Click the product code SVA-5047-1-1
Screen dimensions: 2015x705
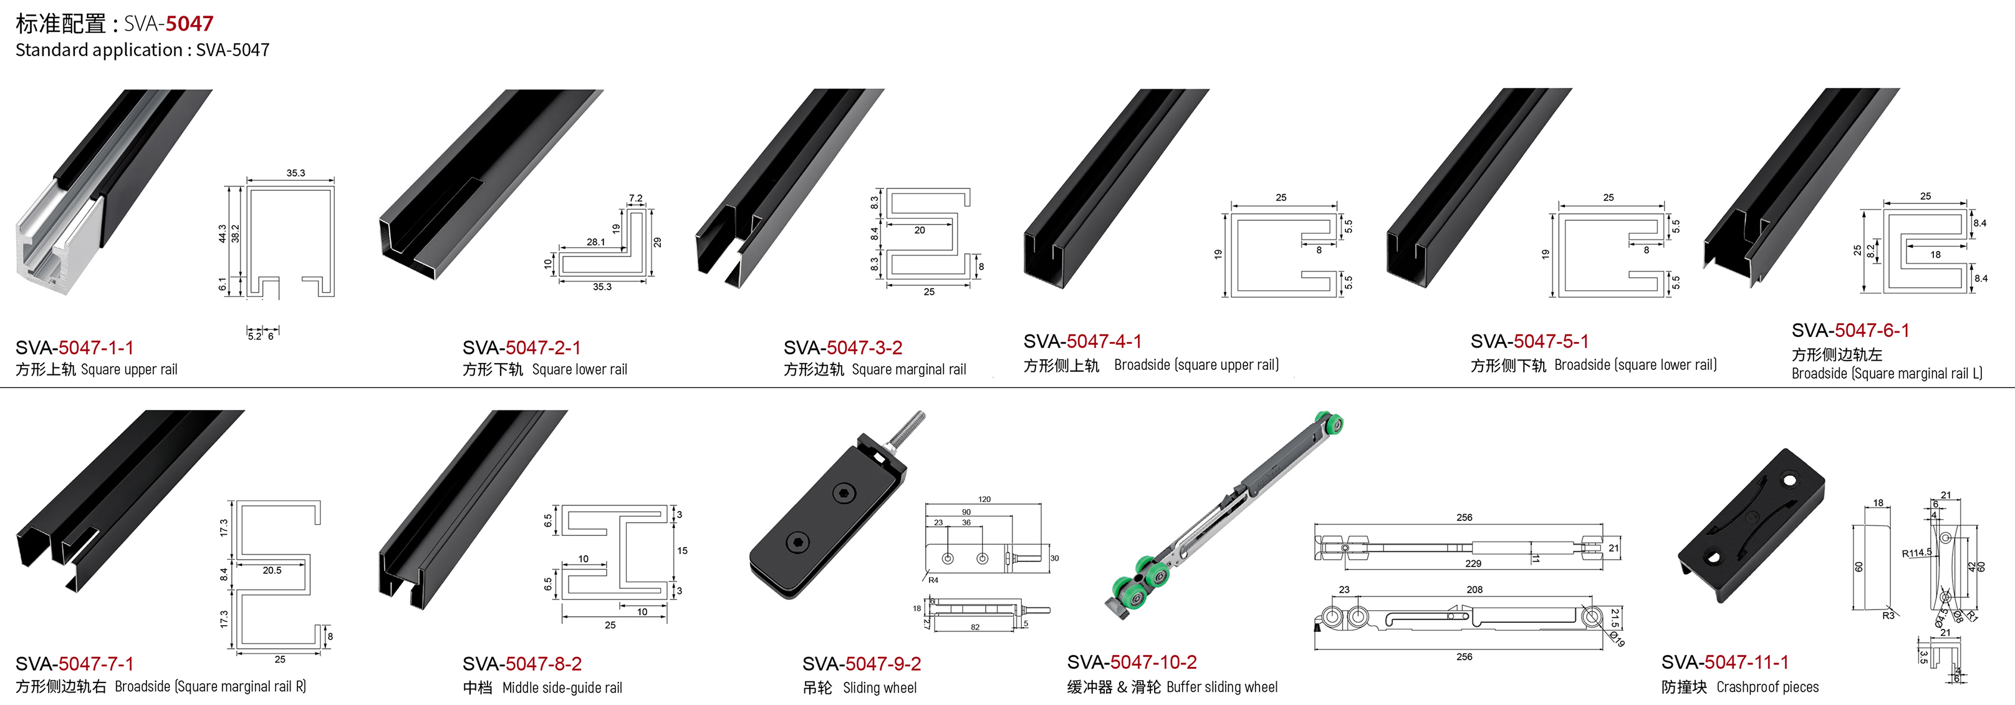click(x=74, y=348)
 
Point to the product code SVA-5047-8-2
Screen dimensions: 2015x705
click(x=522, y=664)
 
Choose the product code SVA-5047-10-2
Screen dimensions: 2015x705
click(x=1132, y=662)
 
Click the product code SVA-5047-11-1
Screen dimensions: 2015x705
click(x=1725, y=662)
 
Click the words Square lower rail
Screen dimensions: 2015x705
click(x=580, y=369)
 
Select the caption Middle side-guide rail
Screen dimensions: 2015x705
click(x=562, y=688)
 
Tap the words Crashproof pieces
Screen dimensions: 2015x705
click(x=1768, y=687)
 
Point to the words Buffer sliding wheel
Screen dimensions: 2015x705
click(x=1222, y=687)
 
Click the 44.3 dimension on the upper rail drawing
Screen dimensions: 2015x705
click(x=222, y=233)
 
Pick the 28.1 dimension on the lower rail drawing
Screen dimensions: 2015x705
click(x=596, y=243)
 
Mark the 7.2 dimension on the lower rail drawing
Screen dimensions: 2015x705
click(x=636, y=199)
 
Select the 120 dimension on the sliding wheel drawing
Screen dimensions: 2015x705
click(x=984, y=499)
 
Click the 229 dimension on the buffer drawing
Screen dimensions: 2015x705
click(x=1473, y=563)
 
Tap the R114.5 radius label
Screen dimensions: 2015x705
click(x=1916, y=553)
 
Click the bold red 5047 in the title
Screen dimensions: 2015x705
click(x=190, y=24)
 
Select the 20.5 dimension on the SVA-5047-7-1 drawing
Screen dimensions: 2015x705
click(x=272, y=570)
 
